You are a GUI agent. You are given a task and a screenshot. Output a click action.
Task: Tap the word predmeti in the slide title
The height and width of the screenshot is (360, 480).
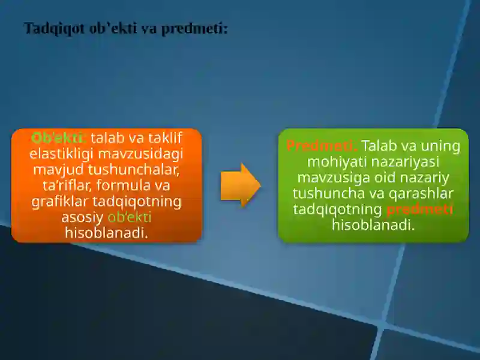point(194,28)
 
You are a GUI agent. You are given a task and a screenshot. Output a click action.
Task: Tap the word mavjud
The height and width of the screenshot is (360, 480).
point(58,169)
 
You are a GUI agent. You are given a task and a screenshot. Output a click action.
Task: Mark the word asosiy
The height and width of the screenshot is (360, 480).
point(82,217)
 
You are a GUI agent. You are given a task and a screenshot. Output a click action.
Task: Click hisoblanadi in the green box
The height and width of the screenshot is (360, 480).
point(373,225)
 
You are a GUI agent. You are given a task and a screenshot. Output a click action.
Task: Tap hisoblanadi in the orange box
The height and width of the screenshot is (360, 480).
point(106,232)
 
